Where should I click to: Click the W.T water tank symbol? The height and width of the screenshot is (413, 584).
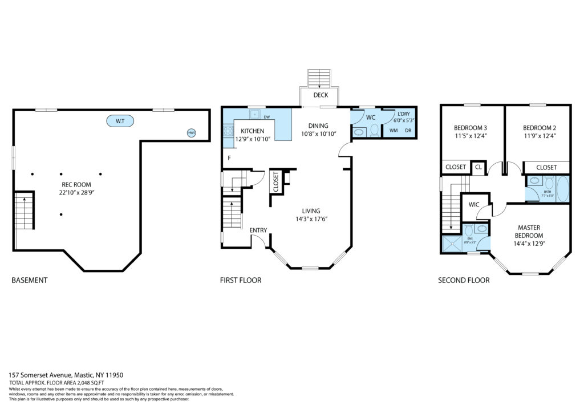coord(120,121)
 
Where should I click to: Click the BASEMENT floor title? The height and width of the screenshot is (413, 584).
coord(29,280)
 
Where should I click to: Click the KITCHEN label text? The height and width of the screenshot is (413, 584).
coord(249,131)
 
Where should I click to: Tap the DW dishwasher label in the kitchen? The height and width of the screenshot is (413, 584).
coord(266,117)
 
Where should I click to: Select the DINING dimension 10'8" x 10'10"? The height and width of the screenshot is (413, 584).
coord(318,134)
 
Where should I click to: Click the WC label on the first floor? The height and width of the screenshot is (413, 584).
coord(370,118)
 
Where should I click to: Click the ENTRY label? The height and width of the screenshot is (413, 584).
coord(258,230)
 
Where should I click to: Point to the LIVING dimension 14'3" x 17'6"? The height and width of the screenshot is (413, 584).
coord(311,219)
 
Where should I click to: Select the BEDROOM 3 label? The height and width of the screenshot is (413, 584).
coord(470,128)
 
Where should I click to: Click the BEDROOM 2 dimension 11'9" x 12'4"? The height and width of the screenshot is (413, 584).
coord(539,136)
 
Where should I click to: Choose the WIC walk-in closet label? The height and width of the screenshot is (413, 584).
coord(473,204)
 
